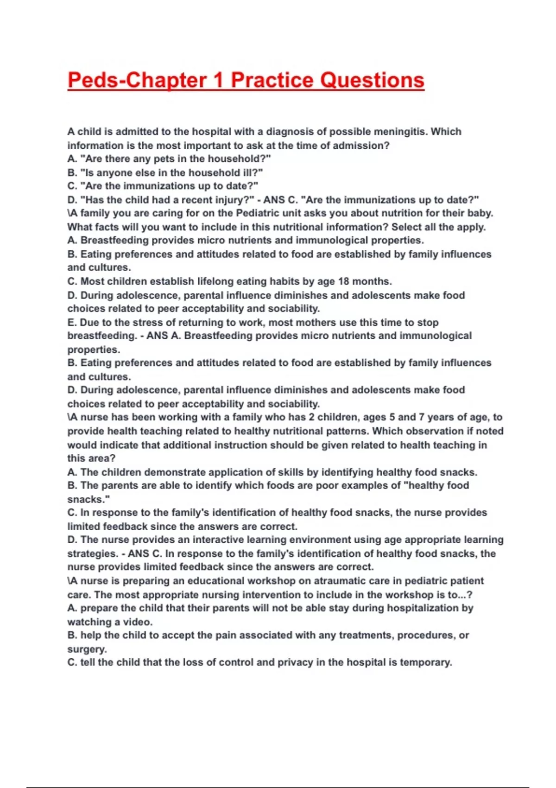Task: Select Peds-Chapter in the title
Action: coord(137,80)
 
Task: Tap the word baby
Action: coord(481,213)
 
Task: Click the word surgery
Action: coord(87,649)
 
